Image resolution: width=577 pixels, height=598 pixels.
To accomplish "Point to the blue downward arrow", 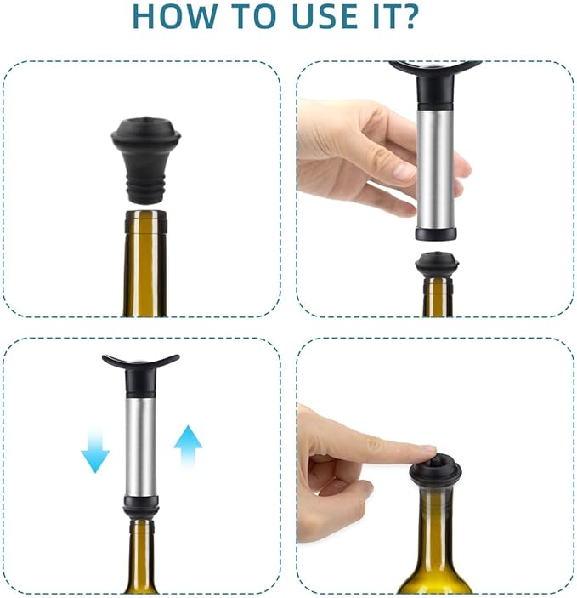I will click(x=95, y=451).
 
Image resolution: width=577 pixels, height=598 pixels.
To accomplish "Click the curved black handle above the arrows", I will click(x=140, y=363).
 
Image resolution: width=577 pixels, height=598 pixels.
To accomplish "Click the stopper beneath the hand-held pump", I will click(x=437, y=265).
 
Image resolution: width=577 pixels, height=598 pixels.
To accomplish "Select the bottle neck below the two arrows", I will click(x=141, y=553).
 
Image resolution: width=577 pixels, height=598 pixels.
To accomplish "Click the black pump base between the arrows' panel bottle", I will click(x=141, y=508).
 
